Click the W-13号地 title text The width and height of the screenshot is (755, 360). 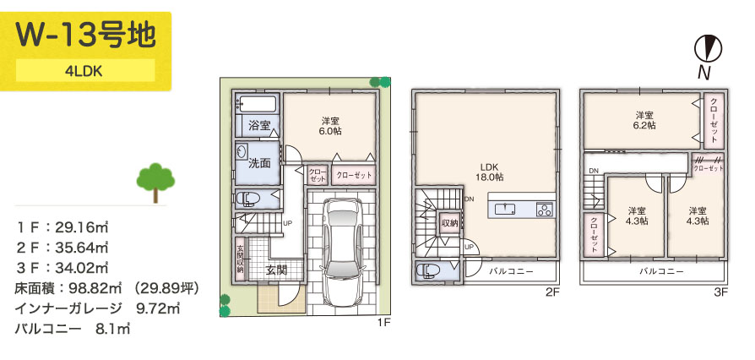tap(85, 35)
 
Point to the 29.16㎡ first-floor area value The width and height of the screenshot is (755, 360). tap(84, 228)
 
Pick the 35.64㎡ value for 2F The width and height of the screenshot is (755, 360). tap(84, 248)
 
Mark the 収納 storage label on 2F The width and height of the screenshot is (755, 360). tap(449, 223)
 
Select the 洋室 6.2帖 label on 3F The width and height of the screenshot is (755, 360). tap(644, 119)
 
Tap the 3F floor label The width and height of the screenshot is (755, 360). tap(720, 293)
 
